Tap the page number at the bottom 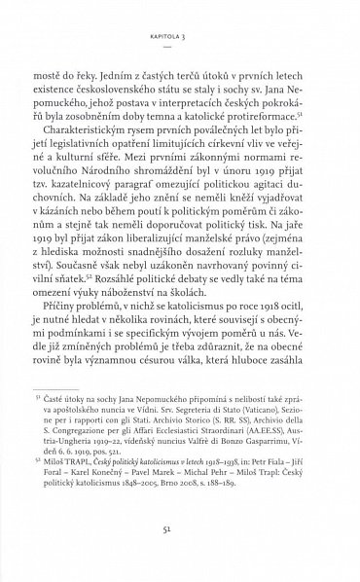point(180,548)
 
